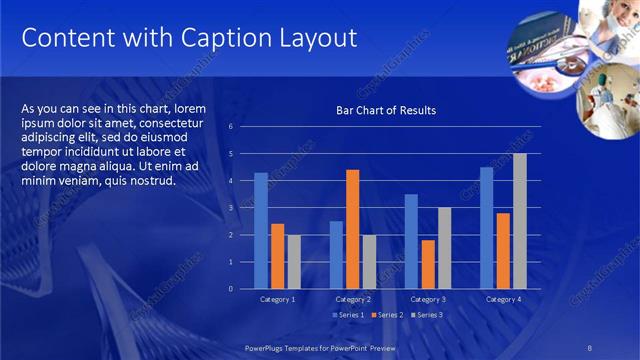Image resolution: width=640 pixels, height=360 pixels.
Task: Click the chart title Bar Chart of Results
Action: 385,110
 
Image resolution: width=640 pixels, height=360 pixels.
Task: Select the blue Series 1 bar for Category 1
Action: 261,231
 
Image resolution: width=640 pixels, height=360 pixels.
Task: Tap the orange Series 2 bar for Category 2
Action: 352,229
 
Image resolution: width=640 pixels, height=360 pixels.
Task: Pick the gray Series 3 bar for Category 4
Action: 519,221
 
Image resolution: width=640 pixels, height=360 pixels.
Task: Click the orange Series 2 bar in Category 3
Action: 428,264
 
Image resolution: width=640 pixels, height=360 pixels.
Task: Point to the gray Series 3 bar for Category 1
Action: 293,262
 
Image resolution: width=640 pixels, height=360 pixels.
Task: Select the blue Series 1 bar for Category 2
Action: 336,255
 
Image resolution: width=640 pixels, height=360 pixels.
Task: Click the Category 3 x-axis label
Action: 428,299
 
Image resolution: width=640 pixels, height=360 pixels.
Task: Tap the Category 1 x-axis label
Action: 277,299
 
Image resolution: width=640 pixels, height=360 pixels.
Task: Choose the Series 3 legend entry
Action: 426,315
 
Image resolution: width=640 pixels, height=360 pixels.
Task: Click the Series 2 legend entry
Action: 388,315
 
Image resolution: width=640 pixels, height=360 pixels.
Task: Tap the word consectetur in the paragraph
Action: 175,122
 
